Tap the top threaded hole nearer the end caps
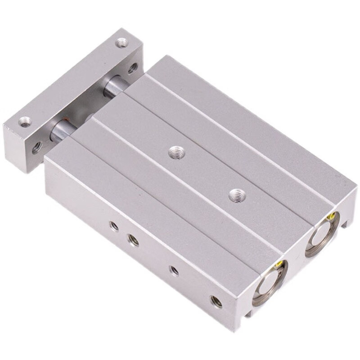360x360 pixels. click(237, 195)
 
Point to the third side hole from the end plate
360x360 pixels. click(174, 270)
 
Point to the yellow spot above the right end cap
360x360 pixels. click(334, 216)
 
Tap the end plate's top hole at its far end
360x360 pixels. click(121, 43)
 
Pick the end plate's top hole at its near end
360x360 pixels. click(25, 121)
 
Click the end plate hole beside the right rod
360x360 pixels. click(132, 68)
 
